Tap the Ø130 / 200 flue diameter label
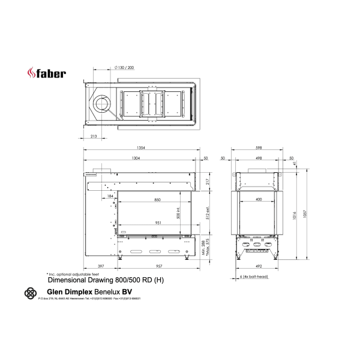(123, 67)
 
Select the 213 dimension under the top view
(94, 137)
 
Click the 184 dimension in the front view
(110, 196)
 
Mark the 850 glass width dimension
(157, 199)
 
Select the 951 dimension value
(157, 222)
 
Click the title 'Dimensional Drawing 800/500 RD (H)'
(104, 280)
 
